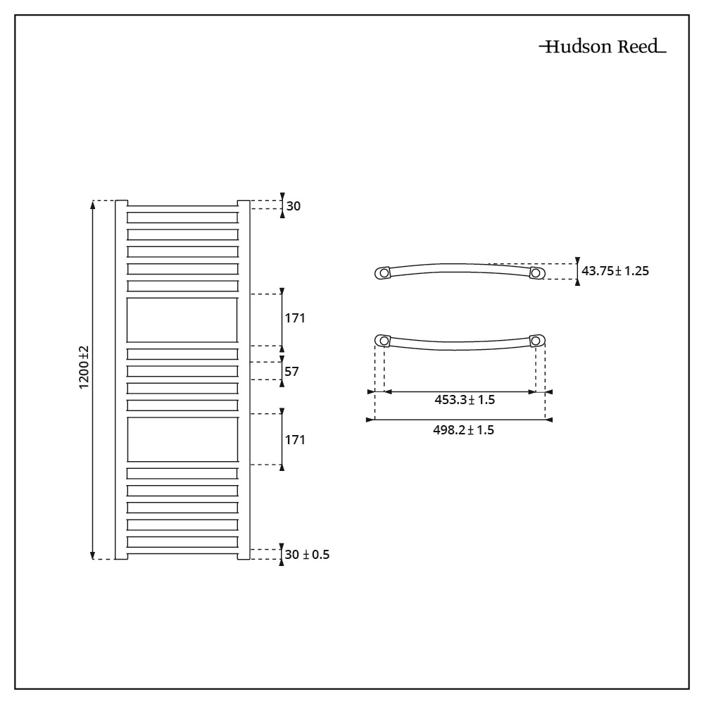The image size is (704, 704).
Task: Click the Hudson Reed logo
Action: [603, 46]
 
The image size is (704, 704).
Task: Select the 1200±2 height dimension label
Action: [84, 367]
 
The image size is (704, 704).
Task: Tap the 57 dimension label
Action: [291, 372]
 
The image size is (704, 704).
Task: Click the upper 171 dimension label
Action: [295, 318]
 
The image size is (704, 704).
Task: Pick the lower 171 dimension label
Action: [295, 440]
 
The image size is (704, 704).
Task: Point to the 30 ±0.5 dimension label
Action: [307, 555]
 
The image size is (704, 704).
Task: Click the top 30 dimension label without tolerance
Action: [293, 206]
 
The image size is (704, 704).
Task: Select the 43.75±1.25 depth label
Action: [615, 271]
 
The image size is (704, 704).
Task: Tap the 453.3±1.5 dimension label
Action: [465, 400]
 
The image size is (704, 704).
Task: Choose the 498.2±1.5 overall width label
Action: [464, 430]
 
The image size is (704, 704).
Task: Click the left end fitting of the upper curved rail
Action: [383, 272]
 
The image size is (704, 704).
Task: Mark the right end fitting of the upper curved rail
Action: [537, 272]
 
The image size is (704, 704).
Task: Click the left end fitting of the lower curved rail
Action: [383, 341]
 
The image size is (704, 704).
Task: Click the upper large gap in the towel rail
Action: [182, 320]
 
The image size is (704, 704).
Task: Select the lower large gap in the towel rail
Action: [182, 439]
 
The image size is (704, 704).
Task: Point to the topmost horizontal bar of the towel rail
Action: [182, 218]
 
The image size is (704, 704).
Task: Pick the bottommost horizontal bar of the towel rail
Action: [182, 542]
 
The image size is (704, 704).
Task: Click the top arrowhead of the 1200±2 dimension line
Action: [92, 205]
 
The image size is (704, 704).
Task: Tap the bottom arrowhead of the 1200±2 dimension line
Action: [92, 555]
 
